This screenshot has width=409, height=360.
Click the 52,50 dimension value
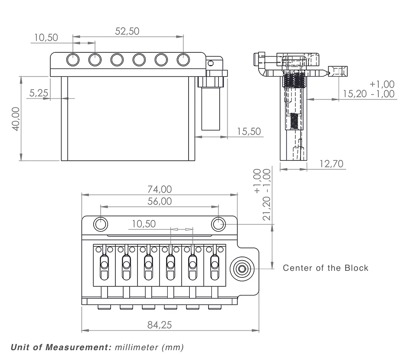point(127,31)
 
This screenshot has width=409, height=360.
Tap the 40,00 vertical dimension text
point(16,119)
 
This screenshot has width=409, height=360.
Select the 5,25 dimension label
point(38,93)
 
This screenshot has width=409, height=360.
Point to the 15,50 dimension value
point(249,131)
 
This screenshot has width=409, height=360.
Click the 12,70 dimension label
point(332,164)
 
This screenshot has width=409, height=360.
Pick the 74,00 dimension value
point(160,189)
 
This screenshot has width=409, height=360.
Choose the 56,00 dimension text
point(160,201)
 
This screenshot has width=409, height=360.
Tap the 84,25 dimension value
point(160,325)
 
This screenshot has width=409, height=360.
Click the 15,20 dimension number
point(355,94)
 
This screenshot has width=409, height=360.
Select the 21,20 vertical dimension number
point(266,208)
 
